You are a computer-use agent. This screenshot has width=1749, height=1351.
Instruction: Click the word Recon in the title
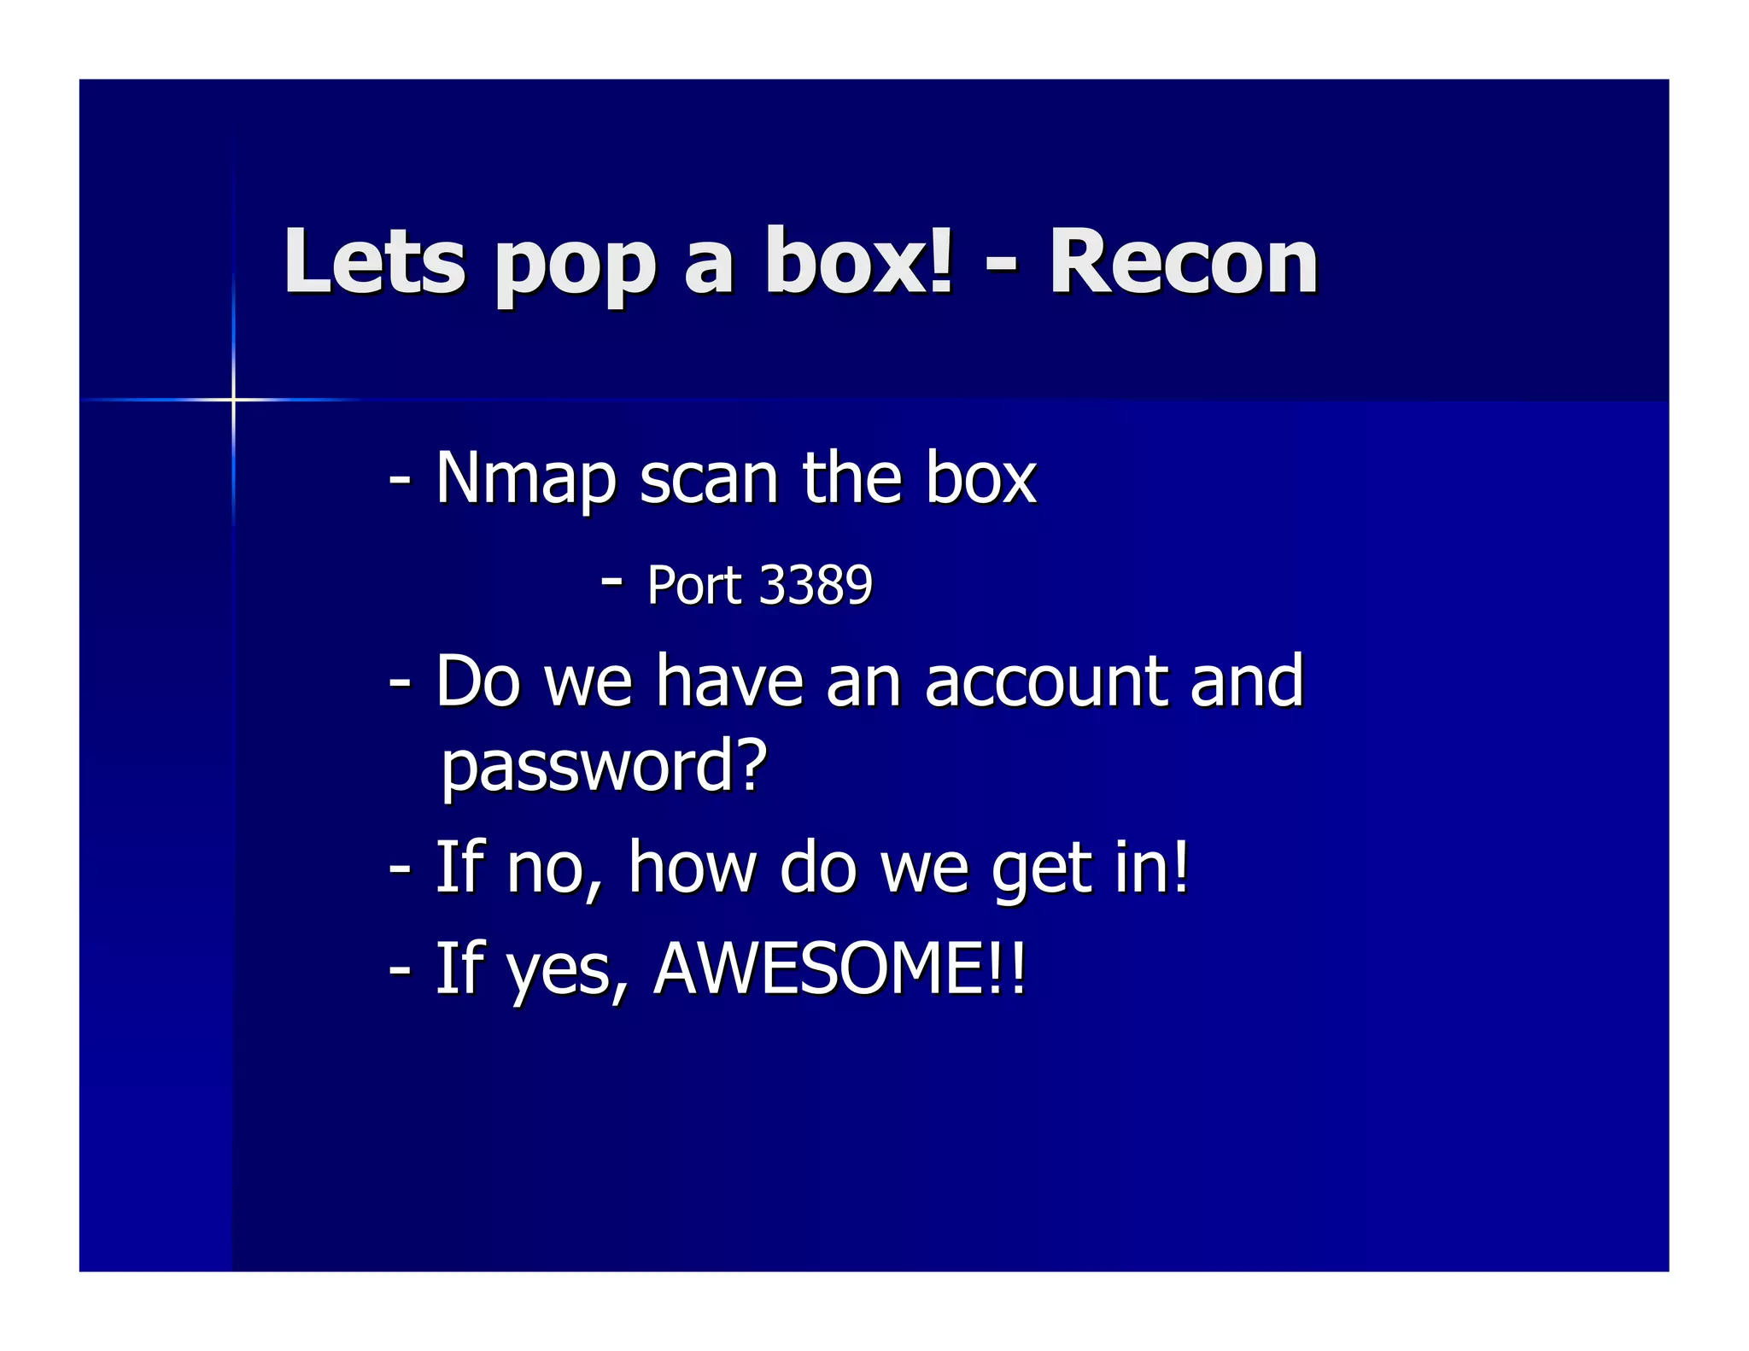click(1183, 262)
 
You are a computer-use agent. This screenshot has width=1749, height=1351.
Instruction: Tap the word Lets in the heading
click(375, 262)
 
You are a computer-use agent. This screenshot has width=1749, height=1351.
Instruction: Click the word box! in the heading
click(858, 262)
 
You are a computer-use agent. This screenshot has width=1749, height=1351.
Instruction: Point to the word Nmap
click(525, 480)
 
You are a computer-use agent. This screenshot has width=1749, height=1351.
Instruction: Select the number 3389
click(816, 586)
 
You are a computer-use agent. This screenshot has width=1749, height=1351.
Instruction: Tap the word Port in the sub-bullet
click(694, 586)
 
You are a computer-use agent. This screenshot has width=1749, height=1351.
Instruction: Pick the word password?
click(605, 766)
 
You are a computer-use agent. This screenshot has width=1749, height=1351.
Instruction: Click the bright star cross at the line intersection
click(233, 399)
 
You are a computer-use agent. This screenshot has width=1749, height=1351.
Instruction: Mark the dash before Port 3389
click(611, 582)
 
